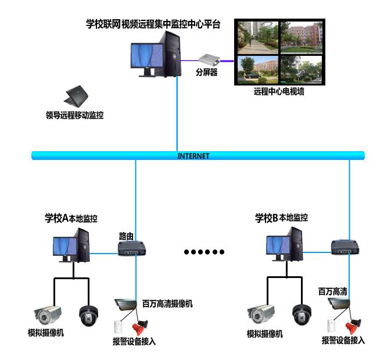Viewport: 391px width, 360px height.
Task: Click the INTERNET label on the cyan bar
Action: point(193,156)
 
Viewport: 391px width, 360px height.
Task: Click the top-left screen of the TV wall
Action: point(256,36)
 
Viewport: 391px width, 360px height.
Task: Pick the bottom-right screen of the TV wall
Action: point(301,69)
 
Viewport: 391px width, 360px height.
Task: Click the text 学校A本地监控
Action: point(71,219)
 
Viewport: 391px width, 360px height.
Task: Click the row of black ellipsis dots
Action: point(204,252)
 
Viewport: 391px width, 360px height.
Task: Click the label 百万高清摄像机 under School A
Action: point(167,304)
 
